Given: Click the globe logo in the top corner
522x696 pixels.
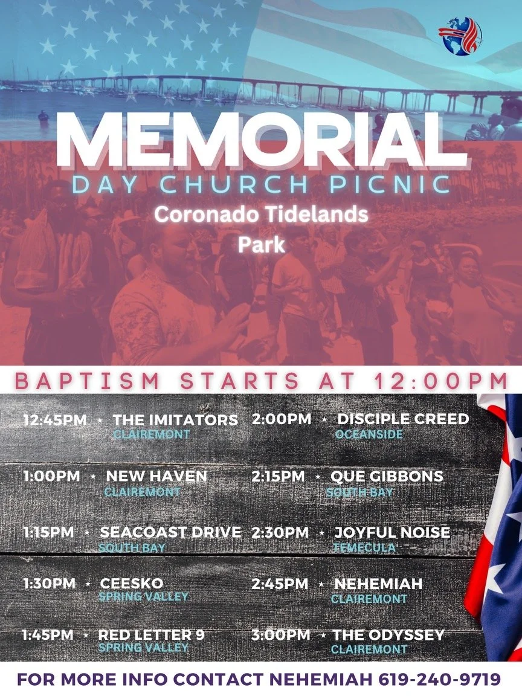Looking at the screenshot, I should (x=460, y=36).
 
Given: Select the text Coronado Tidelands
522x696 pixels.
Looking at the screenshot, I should (x=261, y=214).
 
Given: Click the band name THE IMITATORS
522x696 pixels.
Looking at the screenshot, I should (x=175, y=420).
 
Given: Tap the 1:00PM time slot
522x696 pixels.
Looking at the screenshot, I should (x=51, y=475).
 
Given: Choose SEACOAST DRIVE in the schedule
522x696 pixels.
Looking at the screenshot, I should (x=170, y=532).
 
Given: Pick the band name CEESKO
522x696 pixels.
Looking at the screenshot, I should (x=132, y=583).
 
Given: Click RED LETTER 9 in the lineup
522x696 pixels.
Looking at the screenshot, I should (x=151, y=635).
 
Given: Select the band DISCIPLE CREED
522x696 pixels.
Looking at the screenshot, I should (x=403, y=419).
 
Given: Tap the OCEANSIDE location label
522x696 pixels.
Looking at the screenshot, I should (x=369, y=434).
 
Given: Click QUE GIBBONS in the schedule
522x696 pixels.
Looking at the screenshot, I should (x=387, y=476).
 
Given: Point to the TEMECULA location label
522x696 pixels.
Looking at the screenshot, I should (x=364, y=547).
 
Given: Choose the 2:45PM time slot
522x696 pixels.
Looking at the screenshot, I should (x=280, y=584).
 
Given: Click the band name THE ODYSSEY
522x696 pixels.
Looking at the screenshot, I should (x=388, y=635).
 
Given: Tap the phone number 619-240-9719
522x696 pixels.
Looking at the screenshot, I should (x=440, y=680).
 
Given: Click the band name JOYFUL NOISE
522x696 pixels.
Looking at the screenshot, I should (x=392, y=532).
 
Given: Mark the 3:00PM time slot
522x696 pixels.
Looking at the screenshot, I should (x=280, y=635).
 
